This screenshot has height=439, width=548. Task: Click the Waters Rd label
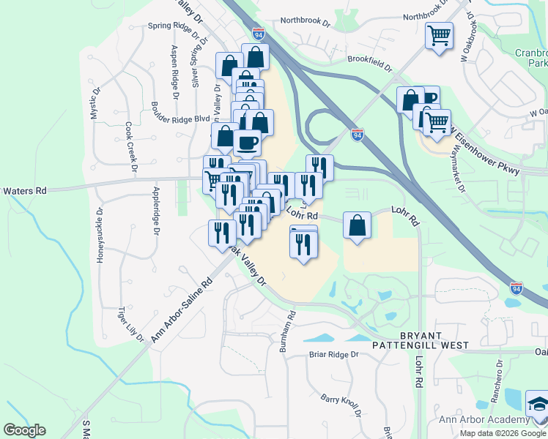tap(23, 190)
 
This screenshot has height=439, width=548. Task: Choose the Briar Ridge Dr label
tap(333, 355)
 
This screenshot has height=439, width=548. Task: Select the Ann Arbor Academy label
tap(484, 419)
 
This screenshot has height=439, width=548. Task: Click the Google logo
tap(24, 430)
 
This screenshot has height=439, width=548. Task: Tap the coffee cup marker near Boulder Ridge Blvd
tap(248, 143)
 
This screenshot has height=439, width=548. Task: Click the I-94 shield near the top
tap(259, 34)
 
